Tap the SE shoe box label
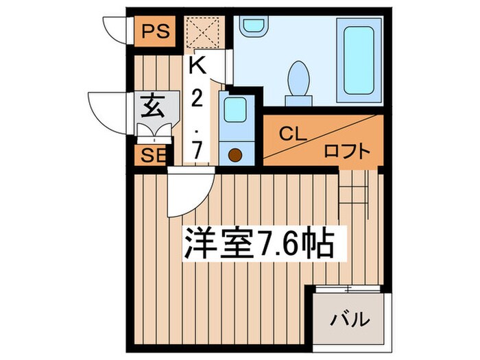[149, 155]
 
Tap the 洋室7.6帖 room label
[259, 243]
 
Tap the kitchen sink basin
[236, 110]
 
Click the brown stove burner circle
[235, 154]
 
